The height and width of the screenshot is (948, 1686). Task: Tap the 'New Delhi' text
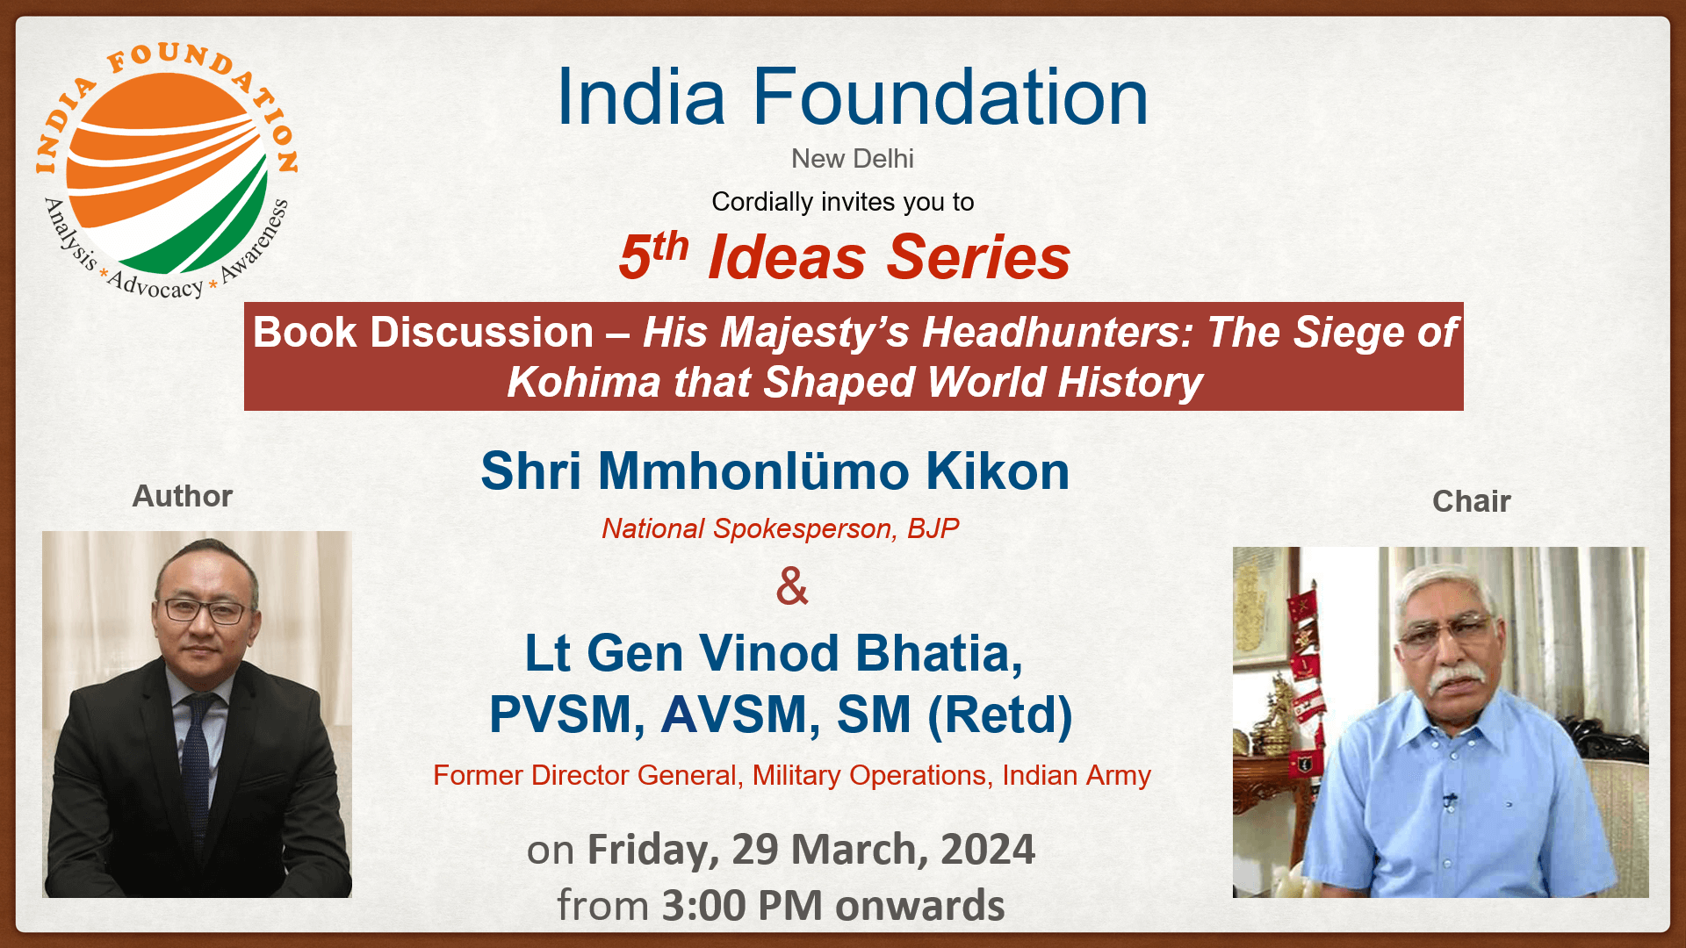(x=852, y=159)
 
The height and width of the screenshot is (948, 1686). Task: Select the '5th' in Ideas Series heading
(x=652, y=255)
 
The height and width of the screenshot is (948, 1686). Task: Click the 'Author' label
(x=182, y=496)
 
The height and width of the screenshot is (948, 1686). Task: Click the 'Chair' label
(x=1471, y=501)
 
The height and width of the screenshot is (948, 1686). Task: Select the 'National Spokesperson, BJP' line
(x=780, y=528)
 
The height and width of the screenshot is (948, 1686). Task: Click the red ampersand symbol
(x=791, y=586)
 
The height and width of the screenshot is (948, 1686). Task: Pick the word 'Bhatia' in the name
(x=938, y=654)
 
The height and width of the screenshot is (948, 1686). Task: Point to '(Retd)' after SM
(x=1000, y=715)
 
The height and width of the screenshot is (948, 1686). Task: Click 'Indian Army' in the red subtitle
(x=1076, y=776)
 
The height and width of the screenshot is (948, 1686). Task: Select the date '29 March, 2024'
(x=883, y=850)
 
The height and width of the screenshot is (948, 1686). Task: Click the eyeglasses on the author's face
(x=204, y=609)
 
